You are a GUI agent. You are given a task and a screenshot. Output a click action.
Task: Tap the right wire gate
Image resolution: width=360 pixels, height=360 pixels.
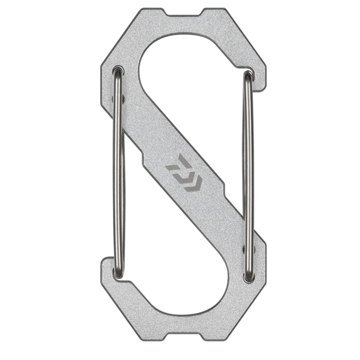click(x=249, y=178)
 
